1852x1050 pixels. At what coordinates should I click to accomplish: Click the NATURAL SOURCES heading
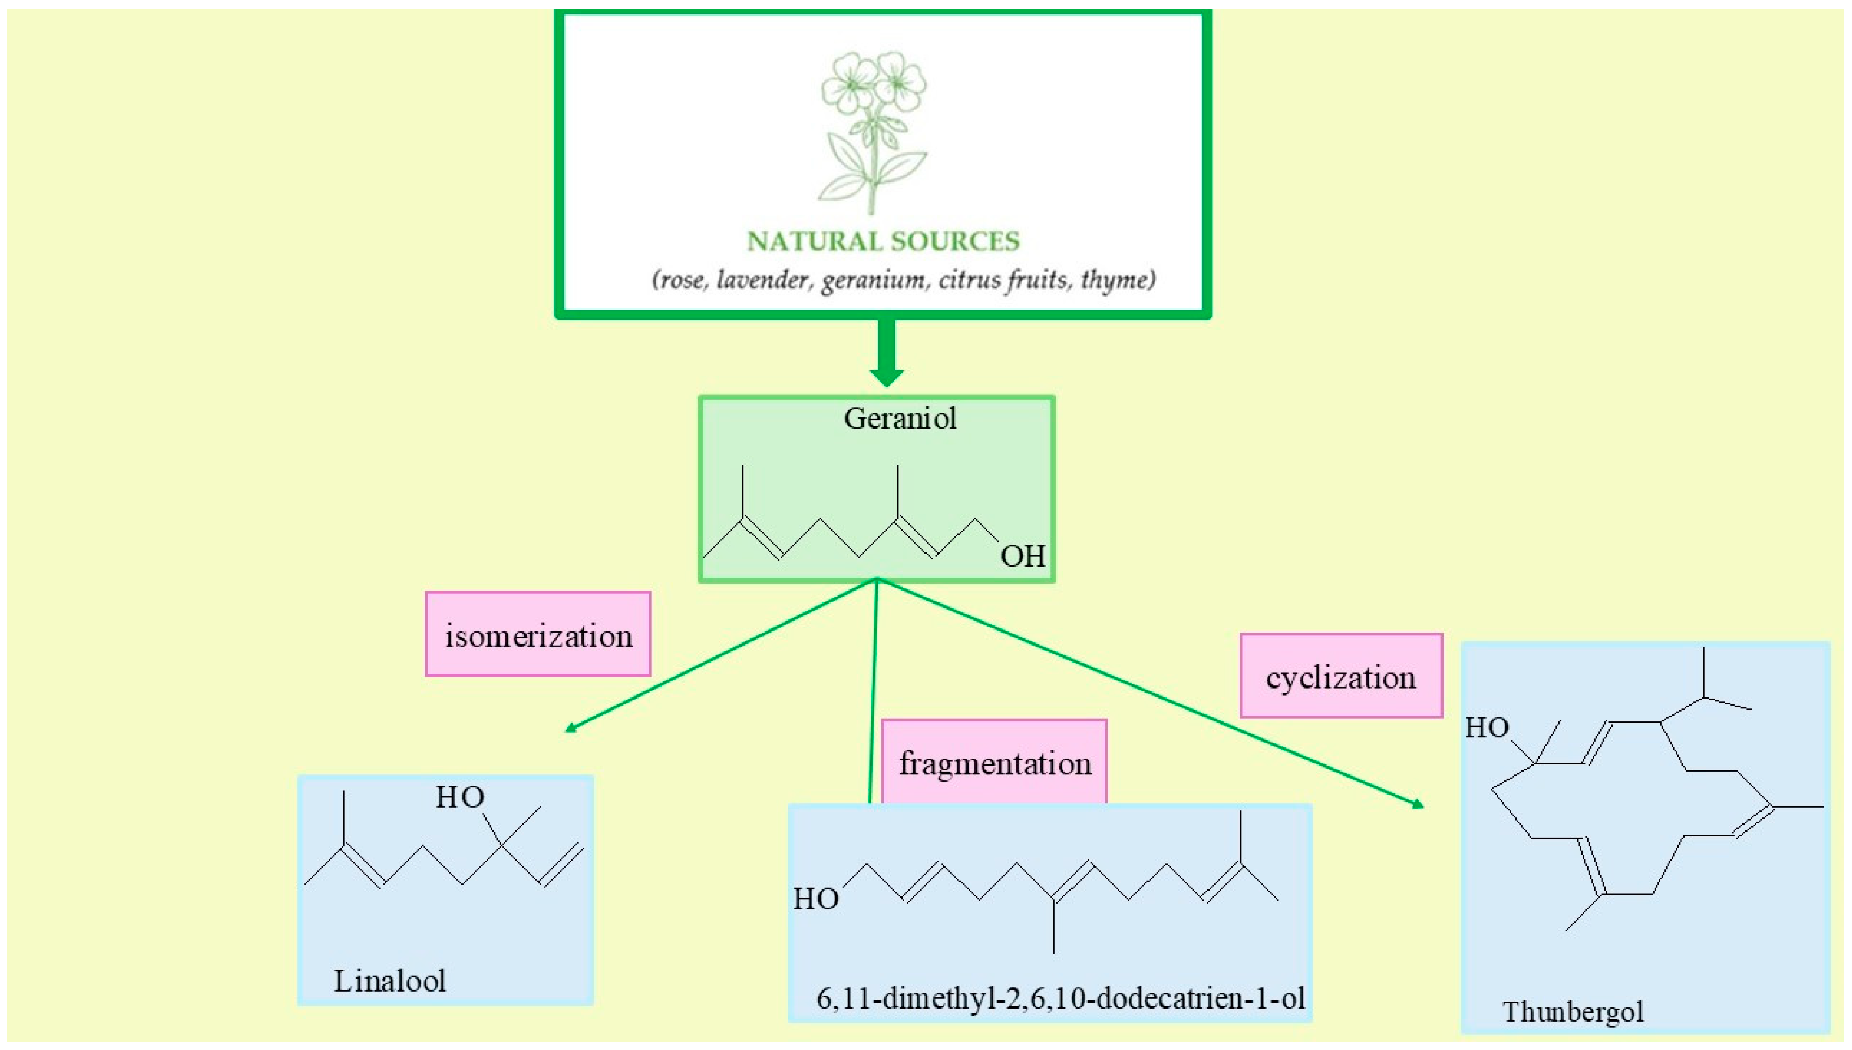pos(883,241)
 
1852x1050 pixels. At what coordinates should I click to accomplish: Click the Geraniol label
pos(900,419)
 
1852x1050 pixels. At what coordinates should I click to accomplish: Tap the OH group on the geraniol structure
pos(1022,557)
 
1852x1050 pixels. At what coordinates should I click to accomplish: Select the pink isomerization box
pos(538,635)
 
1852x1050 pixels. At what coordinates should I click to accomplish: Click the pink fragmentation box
pos(994,763)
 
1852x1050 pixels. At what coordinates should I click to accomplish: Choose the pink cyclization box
pos(1341,677)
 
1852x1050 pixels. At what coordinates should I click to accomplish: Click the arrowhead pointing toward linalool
pos(571,729)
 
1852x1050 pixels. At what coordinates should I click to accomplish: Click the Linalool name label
pos(389,981)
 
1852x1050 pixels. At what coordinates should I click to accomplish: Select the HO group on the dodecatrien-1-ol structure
pos(816,899)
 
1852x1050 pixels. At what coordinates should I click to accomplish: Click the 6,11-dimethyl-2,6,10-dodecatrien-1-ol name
pos(1060,998)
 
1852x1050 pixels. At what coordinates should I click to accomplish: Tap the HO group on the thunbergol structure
pos(1487,728)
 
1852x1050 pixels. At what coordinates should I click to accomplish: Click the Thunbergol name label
pos(1573,1012)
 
